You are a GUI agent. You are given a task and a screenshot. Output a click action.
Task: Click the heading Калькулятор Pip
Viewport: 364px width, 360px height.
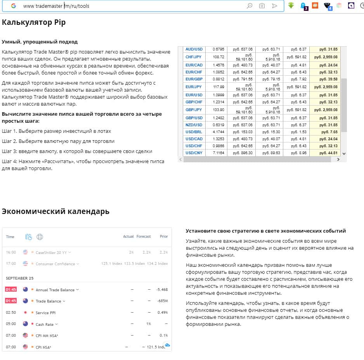click(34, 23)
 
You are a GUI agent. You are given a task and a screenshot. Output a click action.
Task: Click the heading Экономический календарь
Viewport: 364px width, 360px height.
click(55, 212)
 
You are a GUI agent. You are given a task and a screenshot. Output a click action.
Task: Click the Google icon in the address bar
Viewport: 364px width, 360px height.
click(14, 6)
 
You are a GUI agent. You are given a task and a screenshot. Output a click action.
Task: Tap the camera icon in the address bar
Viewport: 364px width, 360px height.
click(262, 6)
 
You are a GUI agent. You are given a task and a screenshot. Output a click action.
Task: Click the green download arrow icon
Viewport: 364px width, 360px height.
click(291, 5)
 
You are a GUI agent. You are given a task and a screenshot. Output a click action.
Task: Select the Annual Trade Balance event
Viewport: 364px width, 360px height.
click(55, 290)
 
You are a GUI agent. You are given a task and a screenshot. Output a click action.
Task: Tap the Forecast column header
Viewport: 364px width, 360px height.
click(144, 237)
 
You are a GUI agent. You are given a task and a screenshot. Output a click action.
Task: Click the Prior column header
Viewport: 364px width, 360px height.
click(164, 237)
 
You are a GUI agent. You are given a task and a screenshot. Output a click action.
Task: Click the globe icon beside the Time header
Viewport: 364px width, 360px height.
click(40, 237)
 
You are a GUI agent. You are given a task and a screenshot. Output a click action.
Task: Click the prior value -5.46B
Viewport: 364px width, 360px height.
click(161, 290)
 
